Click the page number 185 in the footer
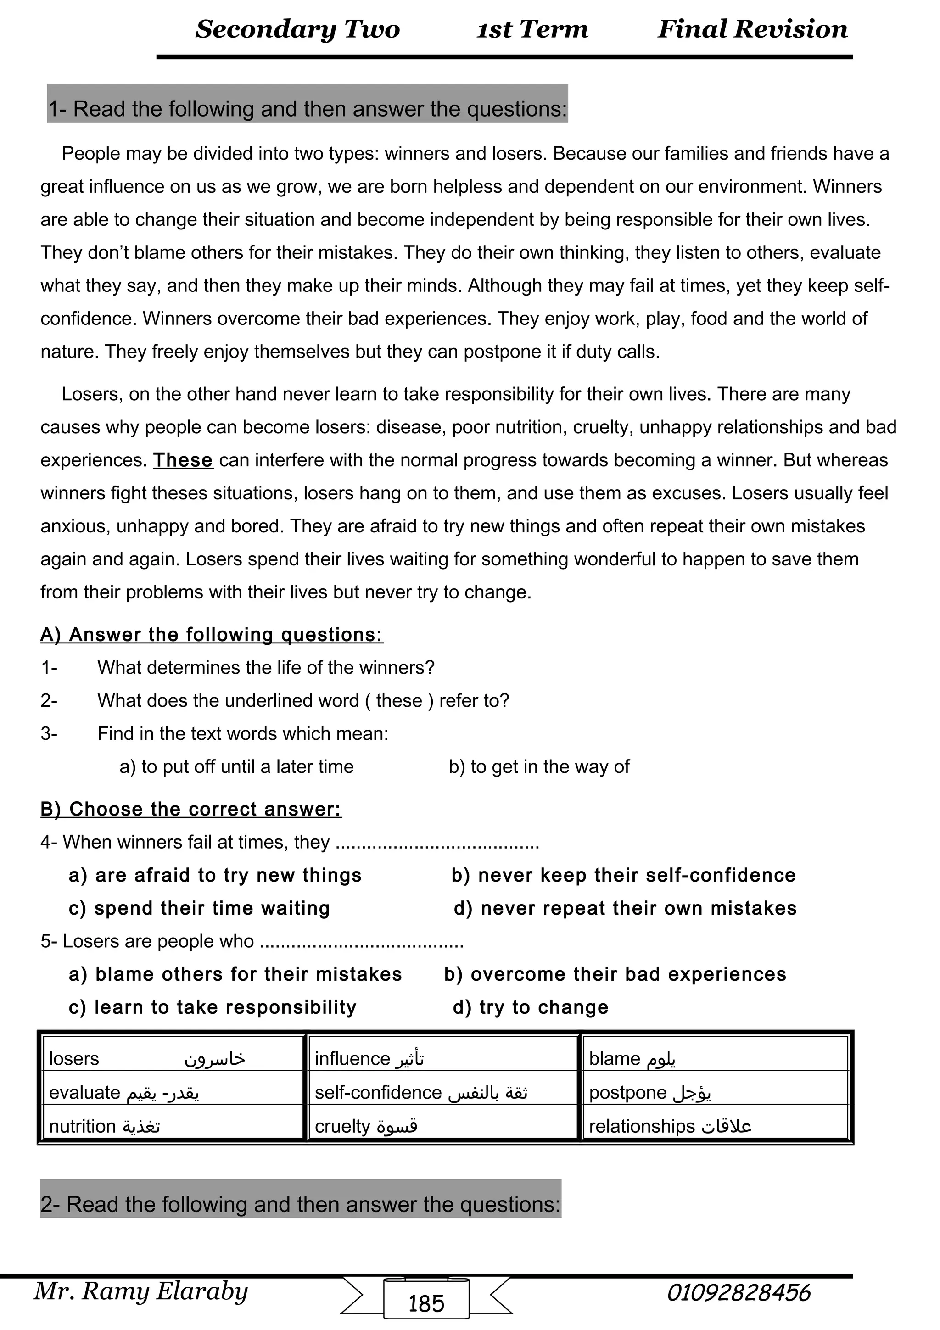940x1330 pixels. (426, 1303)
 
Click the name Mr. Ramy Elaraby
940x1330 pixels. (141, 1291)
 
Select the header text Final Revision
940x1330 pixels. (752, 29)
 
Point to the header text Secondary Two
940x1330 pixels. (297, 29)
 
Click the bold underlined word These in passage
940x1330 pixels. (183, 460)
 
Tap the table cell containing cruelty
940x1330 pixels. (443, 1126)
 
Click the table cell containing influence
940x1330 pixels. (443, 1058)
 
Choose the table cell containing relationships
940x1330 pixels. (715, 1126)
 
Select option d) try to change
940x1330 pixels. (531, 1007)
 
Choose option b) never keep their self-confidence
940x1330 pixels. (623, 875)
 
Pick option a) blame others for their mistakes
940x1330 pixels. (235, 974)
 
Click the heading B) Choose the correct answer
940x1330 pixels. (191, 809)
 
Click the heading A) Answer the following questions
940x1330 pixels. (212, 635)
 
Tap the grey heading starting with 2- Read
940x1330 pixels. (301, 1204)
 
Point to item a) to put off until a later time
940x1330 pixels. (236, 766)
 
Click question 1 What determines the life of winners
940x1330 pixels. (265, 668)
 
